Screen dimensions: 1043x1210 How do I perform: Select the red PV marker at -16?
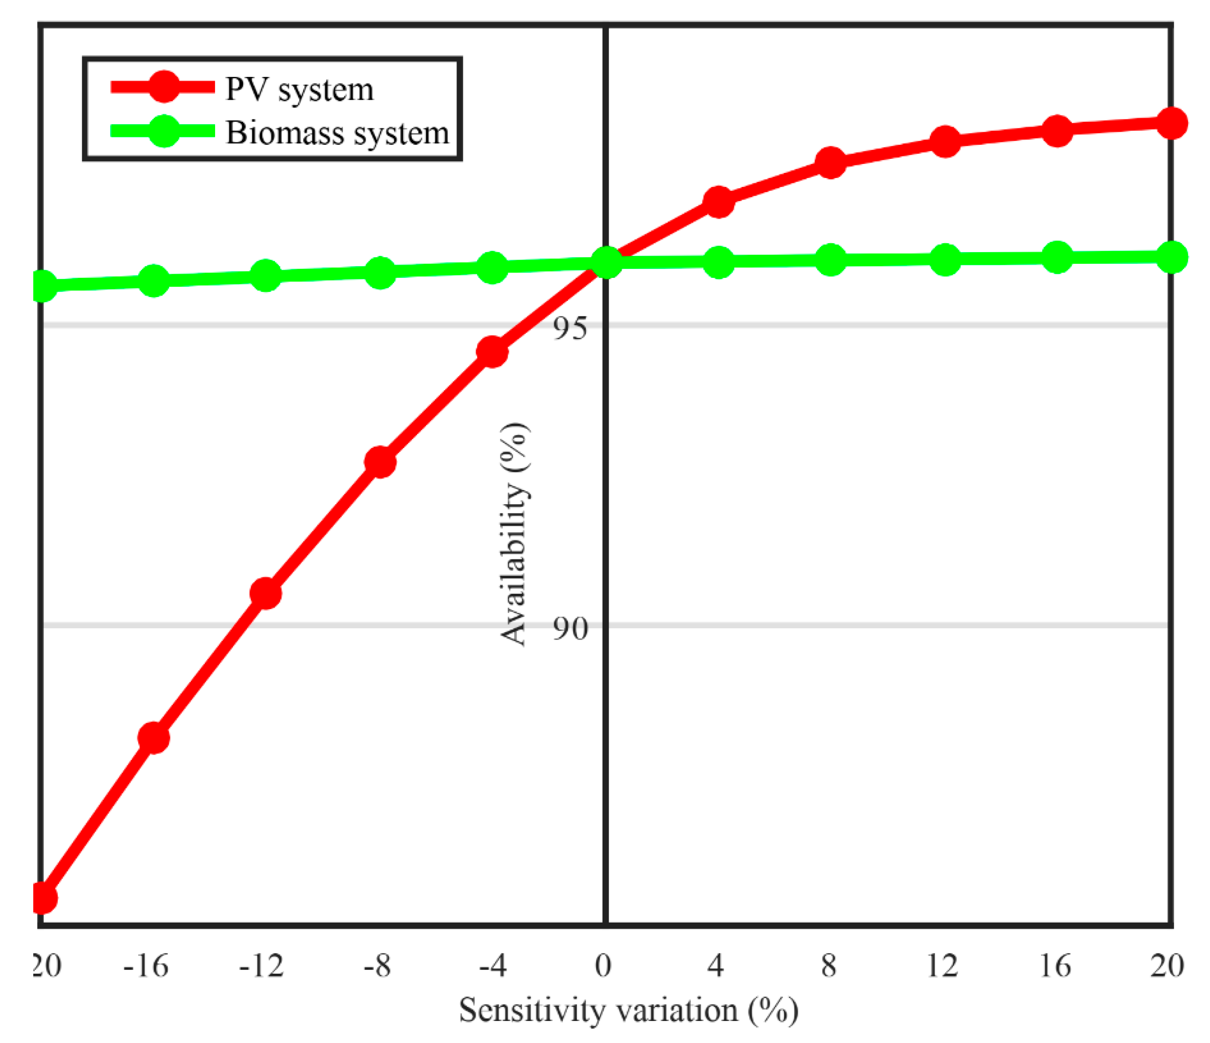[x=154, y=738]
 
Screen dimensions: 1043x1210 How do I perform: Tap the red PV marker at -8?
[x=380, y=462]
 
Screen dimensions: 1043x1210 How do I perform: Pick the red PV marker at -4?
[x=492, y=351]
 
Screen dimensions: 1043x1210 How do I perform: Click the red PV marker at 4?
[x=718, y=202]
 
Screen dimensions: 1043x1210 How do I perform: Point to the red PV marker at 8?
[x=830, y=162]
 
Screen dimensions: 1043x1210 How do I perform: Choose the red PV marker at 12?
[x=945, y=142]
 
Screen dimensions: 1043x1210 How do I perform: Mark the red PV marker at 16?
[x=1057, y=130]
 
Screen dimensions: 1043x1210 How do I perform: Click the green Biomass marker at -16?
[x=154, y=281]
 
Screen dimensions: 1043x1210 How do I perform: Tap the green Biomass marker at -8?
[x=380, y=272]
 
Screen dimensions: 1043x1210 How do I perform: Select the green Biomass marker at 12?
[x=945, y=259]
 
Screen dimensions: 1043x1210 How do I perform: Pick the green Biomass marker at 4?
[x=718, y=261]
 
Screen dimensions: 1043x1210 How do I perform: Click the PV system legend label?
[x=299, y=89]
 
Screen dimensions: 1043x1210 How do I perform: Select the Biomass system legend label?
[x=337, y=133]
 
